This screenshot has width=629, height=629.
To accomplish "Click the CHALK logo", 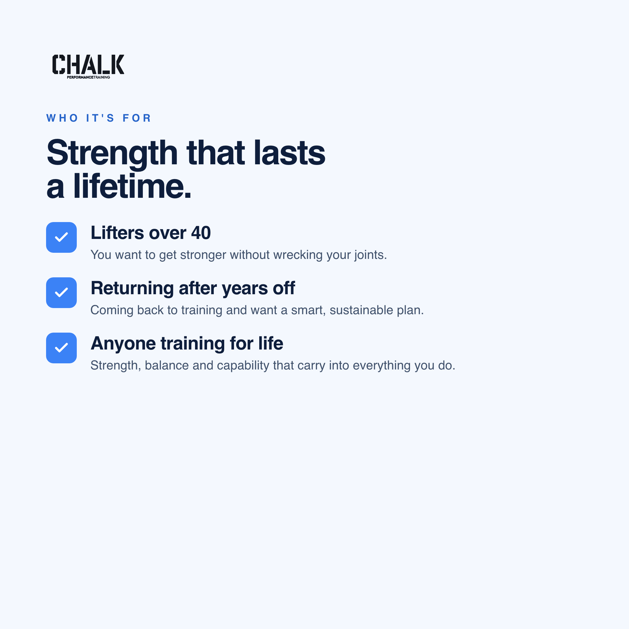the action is point(88,66).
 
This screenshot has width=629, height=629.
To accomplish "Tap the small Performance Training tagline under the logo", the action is point(88,77).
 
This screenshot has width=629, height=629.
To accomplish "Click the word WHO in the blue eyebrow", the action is point(62,118).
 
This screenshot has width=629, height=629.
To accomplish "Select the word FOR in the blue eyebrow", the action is point(137,118).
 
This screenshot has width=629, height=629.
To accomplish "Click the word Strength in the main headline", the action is point(112,153).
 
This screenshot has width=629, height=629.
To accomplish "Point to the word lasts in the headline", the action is point(289,152).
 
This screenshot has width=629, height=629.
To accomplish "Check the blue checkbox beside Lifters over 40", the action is point(61,237).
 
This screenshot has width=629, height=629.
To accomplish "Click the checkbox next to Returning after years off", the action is point(61,293).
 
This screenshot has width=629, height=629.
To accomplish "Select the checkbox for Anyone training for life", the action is point(61,348).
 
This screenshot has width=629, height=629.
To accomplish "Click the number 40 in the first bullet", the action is point(201,233).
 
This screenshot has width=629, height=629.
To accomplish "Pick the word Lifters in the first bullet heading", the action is point(117,233).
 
